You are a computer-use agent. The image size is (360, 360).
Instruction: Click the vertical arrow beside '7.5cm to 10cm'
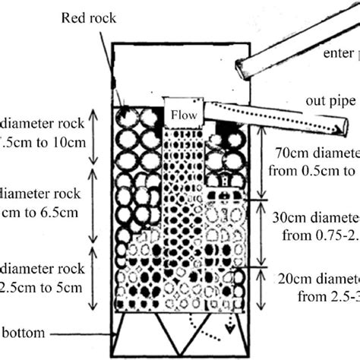click(x=93, y=137)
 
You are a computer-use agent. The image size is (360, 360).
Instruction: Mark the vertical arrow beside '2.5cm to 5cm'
click(x=93, y=277)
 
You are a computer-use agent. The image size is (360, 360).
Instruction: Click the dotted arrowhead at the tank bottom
click(x=228, y=332)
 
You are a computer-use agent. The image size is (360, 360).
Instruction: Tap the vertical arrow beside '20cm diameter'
click(x=262, y=285)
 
